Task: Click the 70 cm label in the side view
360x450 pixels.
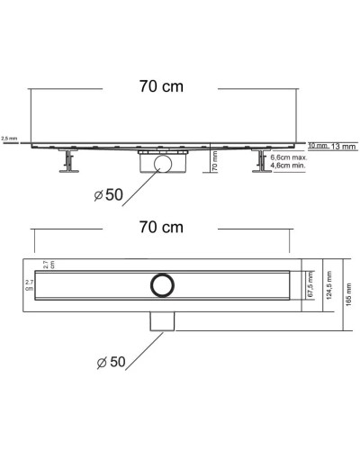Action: pos(162,88)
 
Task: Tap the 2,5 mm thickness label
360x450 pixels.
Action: pos(9,138)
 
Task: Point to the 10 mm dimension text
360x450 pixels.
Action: pos(318,145)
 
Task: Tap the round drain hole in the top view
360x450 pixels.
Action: pos(162,284)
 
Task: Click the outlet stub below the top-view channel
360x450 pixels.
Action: pos(162,319)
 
